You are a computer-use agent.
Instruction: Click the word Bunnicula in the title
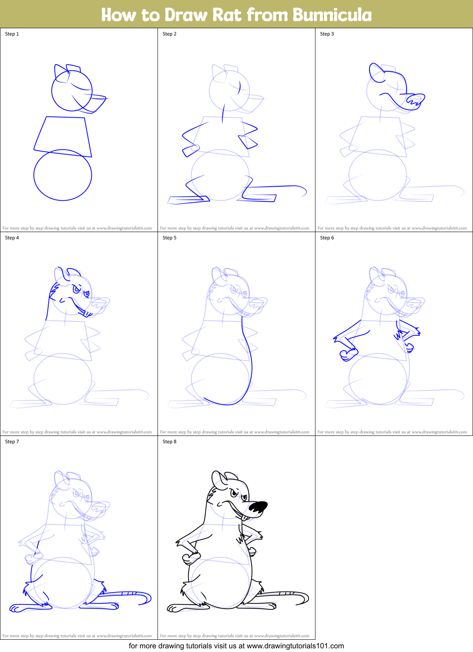pyautogui.click(x=332, y=15)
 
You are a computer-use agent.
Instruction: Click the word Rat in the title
pyautogui.click(x=227, y=15)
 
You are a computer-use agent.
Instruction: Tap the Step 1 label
pyautogui.click(x=12, y=34)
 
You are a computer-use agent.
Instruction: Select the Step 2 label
pyautogui.click(x=169, y=34)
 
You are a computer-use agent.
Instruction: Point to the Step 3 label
pyautogui.click(x=327, y=34)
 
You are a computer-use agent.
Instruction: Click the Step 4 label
pyautogui.click(x=12, y=238)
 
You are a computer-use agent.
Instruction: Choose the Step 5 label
pyautogui.click(x=169, y=238)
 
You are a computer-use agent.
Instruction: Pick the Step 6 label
pyautogui.click(x=327, y=238)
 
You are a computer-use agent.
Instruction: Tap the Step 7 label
pyautogui.click(x=12, y=442)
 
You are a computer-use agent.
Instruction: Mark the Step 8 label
pyautogui.click(x=169, y=442)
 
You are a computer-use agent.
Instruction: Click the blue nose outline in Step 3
pyautogui.click(x=416, y=100)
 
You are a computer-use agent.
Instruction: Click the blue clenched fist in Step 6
pyautogui.click(x=348, y=354)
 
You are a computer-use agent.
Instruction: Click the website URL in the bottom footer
pyautogui.click(x=295, y=646)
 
